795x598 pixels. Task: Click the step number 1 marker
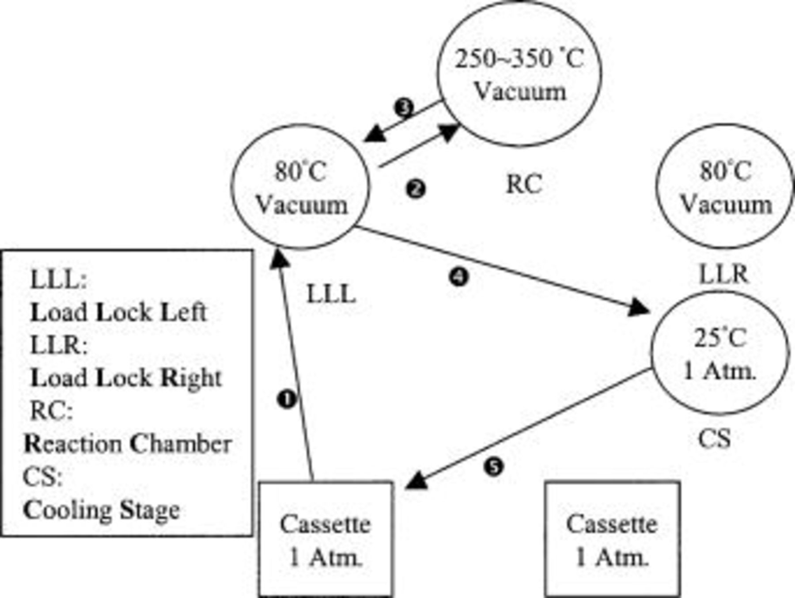coord(287,400)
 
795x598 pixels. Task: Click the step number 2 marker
coord(415,189)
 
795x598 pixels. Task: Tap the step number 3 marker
coord(404,107)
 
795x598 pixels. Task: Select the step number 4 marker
coord(458,277)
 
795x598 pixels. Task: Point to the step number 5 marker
coord(493,467)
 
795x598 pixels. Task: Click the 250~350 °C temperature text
coord(519,58)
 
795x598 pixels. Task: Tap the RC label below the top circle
coord(524,184)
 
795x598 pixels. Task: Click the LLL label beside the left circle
coord(331,294)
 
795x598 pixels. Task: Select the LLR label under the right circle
coord(723,274)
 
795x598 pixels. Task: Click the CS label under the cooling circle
coord(714,438)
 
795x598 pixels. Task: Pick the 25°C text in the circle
coord(720,338)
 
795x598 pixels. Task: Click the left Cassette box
coord(326,539)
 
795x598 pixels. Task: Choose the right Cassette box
coord(612,539)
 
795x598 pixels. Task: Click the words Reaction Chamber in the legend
coord(128,444)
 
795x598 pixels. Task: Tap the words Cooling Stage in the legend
coord(101,510)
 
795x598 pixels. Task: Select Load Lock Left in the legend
coord(118,312)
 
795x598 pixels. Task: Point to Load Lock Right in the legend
coord(126,378)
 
